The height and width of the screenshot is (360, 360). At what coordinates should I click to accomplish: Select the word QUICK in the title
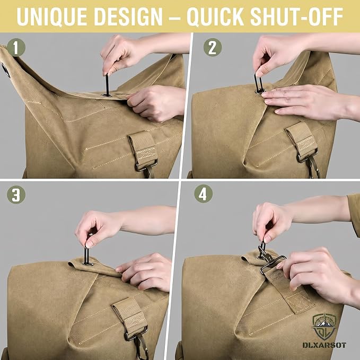click(215, 17)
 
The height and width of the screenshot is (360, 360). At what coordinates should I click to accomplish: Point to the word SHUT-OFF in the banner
click(296, 17)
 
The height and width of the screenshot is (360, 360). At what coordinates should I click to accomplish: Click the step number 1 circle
click(15, 48)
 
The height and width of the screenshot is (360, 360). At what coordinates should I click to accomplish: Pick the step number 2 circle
click(213, 47)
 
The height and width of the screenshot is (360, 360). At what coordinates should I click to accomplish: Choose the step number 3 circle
click(16, 194)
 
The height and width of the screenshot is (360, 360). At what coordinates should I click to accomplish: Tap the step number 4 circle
click(203, 194)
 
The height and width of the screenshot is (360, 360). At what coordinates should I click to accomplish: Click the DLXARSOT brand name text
click(324, 345)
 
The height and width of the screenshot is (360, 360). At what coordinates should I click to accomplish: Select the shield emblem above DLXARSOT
click(324, 327)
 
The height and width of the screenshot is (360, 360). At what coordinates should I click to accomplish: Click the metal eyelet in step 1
click(107, 94)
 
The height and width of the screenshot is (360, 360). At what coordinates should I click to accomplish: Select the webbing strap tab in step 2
click(302, 141)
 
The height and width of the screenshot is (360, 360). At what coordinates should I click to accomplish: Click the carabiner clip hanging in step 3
click(141, 347)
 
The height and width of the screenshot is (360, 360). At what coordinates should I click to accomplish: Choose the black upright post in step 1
click(107, 84)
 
